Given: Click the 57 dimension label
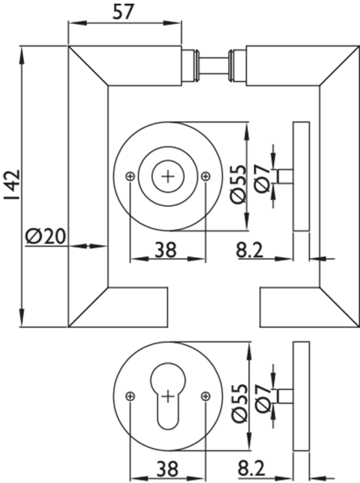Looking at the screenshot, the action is point(124,11).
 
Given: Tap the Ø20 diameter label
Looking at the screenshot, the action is point(46,237).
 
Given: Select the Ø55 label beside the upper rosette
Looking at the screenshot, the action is point(238,184).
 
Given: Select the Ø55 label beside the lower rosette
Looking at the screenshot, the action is point(239,403).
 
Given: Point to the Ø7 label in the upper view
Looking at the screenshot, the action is point(263,178).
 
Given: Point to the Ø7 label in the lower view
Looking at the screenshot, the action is point(263,398).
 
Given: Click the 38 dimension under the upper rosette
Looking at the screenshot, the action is point(166,249).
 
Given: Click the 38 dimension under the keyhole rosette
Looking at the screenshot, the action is point(167,469).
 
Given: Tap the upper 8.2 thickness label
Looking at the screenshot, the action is point(250,249).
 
